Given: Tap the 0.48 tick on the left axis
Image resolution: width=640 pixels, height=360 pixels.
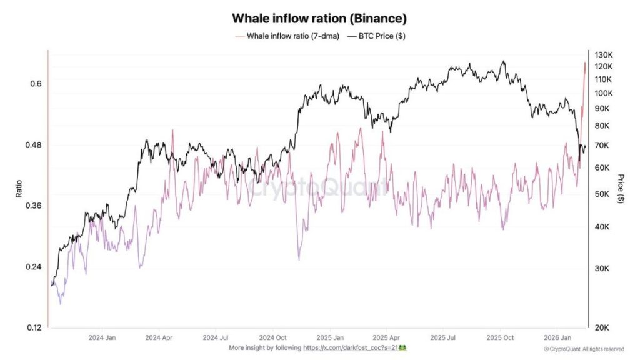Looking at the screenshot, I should (32, 145).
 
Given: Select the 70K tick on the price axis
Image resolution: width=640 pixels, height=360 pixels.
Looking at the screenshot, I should (602, 146).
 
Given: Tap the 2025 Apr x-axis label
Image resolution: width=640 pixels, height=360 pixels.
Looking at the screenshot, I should (386, 337).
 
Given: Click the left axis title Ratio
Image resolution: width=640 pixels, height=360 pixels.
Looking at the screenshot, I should (19, 189).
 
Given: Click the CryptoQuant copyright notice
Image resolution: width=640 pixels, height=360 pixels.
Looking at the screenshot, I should (584, 349).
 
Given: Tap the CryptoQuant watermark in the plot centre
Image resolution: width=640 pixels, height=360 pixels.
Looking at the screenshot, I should (316, 186).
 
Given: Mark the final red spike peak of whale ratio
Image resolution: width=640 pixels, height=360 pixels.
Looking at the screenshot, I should (585, 62).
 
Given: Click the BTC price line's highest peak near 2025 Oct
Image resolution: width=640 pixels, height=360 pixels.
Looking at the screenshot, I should (504, 61).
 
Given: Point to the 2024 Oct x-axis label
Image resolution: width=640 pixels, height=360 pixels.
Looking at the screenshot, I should (273, 337).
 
